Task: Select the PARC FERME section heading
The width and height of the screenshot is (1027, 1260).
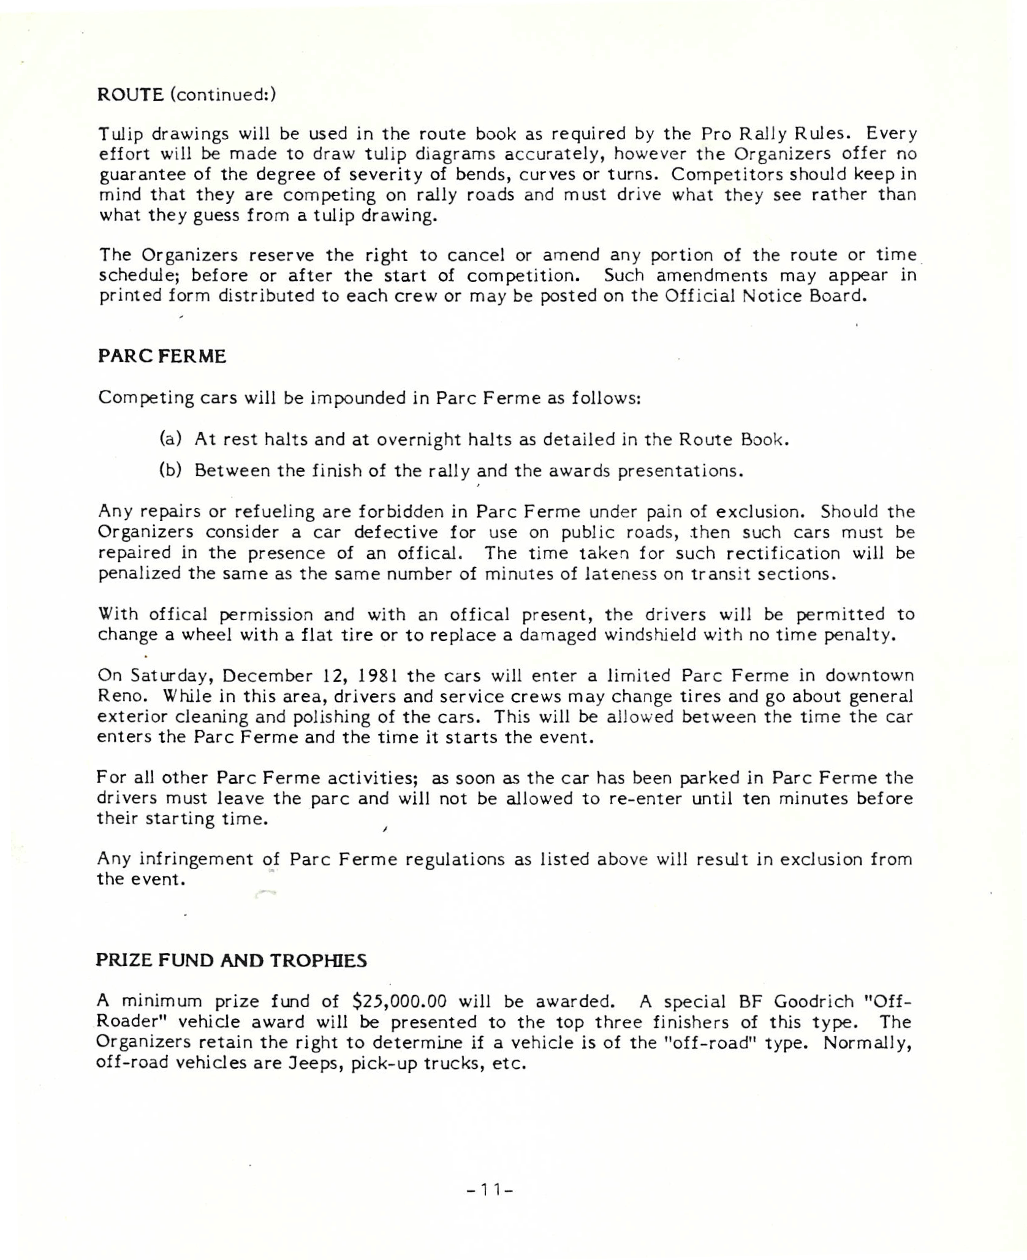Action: point(162,357)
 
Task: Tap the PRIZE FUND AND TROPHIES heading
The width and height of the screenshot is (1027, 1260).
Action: point(231,960)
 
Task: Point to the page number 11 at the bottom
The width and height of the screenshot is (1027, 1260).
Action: point(489,1190)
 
